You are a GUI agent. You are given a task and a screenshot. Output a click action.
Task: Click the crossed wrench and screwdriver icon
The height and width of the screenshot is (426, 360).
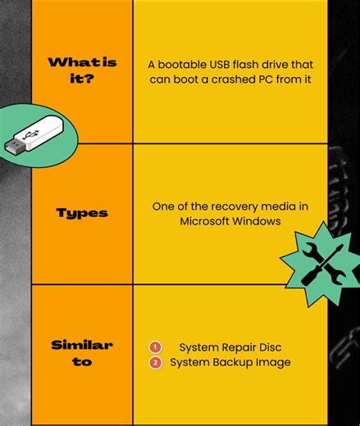click(323, 264)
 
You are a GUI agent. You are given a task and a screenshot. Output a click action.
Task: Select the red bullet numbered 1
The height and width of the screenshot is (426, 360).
click(155, 347)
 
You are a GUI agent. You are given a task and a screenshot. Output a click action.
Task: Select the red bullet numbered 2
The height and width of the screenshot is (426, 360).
click(155, 363)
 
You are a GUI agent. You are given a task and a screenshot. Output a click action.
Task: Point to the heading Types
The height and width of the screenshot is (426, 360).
click(82, 213)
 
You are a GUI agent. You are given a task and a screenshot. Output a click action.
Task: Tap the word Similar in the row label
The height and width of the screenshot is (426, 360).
click(82, 345)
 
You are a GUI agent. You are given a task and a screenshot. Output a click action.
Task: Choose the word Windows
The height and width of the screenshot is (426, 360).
click(256, 221)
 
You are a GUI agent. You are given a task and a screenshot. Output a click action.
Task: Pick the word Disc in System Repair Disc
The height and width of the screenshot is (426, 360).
click(270, 347)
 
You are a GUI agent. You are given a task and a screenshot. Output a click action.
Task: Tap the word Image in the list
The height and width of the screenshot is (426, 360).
click(273, 363)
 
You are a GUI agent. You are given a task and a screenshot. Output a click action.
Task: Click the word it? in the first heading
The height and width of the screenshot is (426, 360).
click(82, 79)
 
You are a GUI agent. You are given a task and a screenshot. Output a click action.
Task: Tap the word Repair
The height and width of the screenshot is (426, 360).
click(239, 347)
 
